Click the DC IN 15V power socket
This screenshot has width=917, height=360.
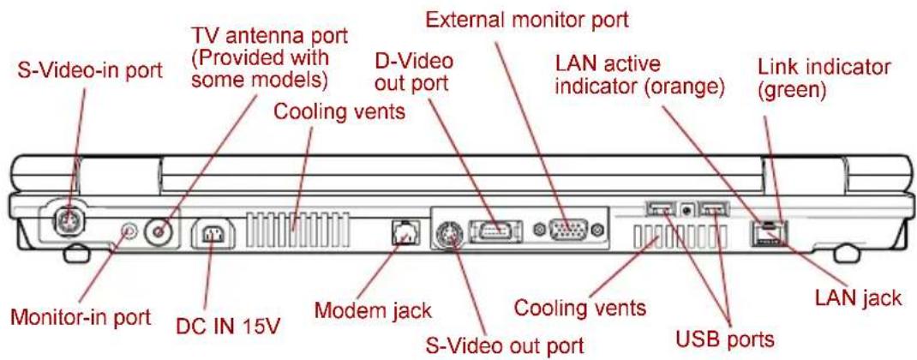213,236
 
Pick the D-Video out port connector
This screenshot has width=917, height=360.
494,230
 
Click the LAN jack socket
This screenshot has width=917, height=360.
768,233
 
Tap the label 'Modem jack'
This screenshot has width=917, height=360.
373,309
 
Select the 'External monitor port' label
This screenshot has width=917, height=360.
526,20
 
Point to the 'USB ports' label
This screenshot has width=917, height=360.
725,339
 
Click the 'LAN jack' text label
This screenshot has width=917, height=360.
859,299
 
